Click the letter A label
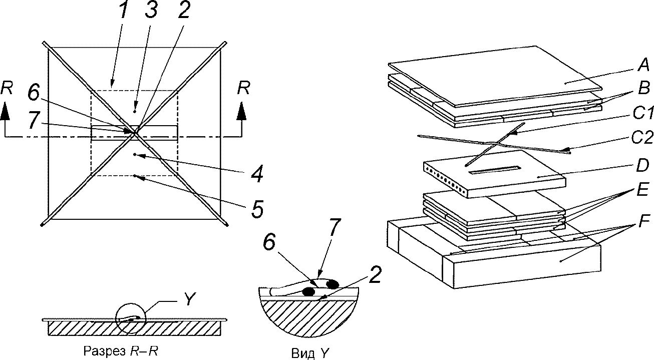tap(642, 65)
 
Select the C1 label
tap(643, 113)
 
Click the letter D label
tap(642, 165)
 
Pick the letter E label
tap(642, 190)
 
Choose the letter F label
tap(642, 222)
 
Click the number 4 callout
tap(257, 173)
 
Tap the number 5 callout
tap(257, 208)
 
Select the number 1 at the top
tap(124, 10)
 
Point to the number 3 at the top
tap(151, 10)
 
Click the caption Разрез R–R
tap(121, 351)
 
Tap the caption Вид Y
tap(310, 353)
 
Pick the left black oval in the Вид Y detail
tap(308, 291)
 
